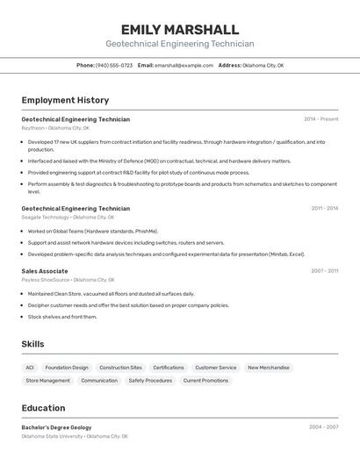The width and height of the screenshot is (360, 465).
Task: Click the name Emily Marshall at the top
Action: click(179, 29)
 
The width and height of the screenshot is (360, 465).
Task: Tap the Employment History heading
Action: click(65, 100)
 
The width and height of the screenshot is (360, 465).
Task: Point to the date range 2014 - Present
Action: click(320, 118)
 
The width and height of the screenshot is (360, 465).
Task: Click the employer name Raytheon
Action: click(32, 128)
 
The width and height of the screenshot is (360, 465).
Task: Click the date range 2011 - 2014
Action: click(324, 208)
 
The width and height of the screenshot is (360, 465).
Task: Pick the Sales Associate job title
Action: click(45, 271)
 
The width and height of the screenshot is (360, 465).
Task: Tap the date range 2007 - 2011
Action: click(324, 271)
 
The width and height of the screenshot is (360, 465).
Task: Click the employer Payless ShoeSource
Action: click(46, 280)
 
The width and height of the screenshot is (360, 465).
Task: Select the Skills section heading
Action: click(32, 344)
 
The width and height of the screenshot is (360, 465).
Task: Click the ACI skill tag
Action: click(30, 368)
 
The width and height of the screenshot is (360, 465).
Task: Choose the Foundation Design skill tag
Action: click(67, 368)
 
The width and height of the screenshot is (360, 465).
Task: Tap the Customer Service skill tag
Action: click(215, 368)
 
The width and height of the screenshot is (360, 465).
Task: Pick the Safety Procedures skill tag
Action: click(150, 381)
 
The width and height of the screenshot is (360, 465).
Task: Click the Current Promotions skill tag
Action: click(203, 381)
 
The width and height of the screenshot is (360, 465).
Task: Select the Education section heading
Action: click(43, 408)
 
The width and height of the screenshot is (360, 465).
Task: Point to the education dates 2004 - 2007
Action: click(324, 427)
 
